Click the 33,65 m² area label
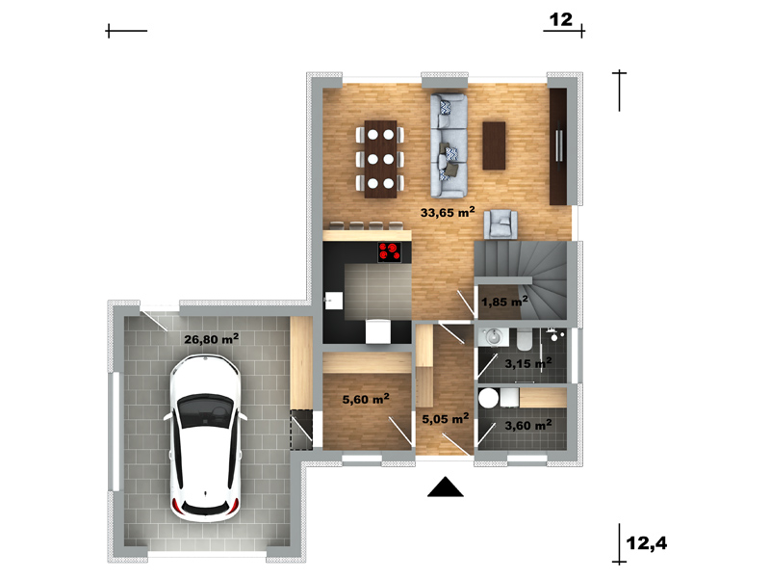448,212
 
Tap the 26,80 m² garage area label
211,339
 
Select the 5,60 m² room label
366,399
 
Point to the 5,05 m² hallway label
446,418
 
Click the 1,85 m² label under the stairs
504,302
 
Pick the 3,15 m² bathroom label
528,363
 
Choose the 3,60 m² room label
528,425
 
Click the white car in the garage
205,437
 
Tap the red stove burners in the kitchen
390,251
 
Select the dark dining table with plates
380,159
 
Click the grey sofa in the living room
449,145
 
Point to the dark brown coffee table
494,145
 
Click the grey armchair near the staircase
500,224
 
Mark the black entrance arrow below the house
446,486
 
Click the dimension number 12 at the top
561,19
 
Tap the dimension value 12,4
647,543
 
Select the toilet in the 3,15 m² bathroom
525,339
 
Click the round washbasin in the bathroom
493,337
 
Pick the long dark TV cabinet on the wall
558,146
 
